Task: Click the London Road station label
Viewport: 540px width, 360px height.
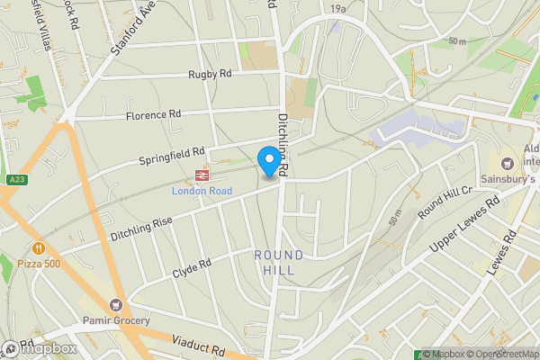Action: tap(202, 191)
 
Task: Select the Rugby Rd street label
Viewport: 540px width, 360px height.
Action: tap(210, 75)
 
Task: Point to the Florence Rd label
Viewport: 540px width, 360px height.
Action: tap(153, 115)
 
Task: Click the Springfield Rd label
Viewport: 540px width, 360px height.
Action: tap(172, 155)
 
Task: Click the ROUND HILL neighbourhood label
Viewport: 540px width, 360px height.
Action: tap(278, 263)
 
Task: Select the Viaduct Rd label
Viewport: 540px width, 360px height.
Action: tap(199, 346)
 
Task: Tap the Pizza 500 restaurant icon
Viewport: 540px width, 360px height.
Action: tap(39, 247)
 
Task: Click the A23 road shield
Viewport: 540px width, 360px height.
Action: tap(14, 180)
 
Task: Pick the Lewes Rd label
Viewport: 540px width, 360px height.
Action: tap(507, 253)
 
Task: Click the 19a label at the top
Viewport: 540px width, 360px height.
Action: tap(337, 8)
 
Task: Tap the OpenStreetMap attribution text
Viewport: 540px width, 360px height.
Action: tap(500, 354)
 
